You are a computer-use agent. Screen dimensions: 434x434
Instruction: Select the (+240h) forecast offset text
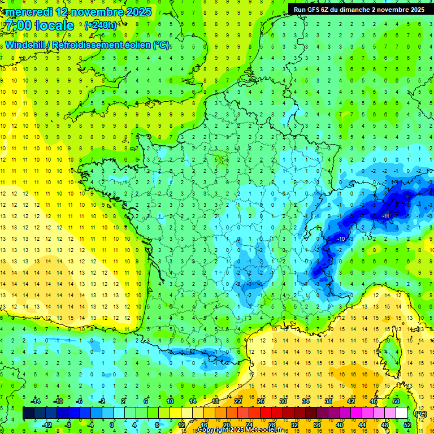(100, 25)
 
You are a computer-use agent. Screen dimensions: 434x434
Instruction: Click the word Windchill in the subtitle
(27, 45)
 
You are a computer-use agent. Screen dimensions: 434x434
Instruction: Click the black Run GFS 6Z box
(359, 9)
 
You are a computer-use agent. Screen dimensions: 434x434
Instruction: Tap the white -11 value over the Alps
(386, 216)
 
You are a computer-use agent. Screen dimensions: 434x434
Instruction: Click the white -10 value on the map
(341, 239)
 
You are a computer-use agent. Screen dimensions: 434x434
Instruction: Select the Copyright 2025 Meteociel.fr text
(240, 430)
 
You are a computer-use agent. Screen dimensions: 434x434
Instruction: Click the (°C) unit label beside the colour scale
(420, 413)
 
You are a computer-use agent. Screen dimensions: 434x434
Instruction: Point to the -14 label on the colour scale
(36, 401)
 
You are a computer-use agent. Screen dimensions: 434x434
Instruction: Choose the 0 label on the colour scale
(111, 425)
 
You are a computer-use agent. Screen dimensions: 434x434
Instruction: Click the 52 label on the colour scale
(407, 425)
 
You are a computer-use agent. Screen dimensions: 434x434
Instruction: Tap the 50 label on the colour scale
(396, 401)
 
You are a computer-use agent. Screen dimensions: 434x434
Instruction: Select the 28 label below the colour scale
(271, 425)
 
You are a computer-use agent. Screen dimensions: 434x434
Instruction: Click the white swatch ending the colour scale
(401, 413)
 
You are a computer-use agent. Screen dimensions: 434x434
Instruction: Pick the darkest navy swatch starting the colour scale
(28, 413)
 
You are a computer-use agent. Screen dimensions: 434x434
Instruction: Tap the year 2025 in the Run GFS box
(417, 9)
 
